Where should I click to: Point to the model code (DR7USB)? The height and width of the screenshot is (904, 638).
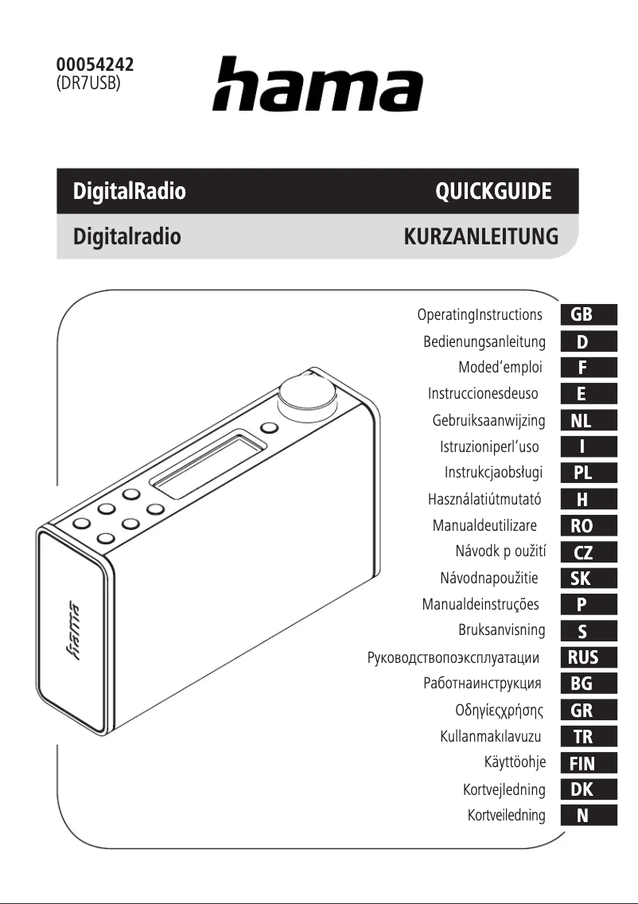tap(88, 83)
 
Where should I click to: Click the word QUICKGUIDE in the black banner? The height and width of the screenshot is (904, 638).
tap(493, 192)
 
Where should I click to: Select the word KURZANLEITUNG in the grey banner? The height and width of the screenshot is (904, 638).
tap(481, 236)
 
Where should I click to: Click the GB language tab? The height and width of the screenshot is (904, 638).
tap(589, 314)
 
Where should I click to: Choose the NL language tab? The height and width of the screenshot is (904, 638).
tap(589, 420)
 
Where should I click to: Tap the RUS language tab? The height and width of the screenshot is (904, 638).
tap(589, 657)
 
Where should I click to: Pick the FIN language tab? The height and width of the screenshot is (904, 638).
tap(589, 763)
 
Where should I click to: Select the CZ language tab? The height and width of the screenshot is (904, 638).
tap(589, 552)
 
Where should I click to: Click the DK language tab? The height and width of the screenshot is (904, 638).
tap(589, 789)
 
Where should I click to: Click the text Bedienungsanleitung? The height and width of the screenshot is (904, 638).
tap(484, 342)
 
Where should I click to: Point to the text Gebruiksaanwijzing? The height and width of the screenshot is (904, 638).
tap(488, 420)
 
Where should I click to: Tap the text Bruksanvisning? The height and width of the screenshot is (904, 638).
tap(501, 630)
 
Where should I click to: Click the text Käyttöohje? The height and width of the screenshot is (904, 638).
tap(515, 763)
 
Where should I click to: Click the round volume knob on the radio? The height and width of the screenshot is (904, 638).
tap(301, 392)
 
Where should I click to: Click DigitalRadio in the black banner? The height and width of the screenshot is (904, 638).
tap(130, 192)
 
